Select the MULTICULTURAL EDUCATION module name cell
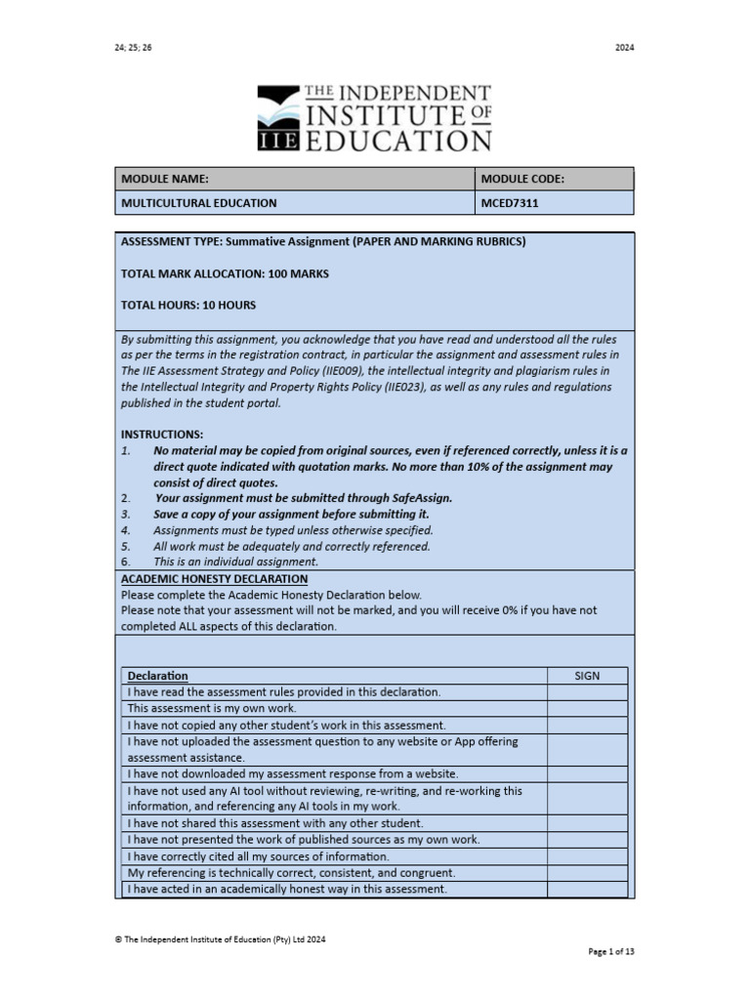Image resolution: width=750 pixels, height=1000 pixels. (x=199, y=203)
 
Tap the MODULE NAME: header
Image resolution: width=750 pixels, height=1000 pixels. (x=164, y=179)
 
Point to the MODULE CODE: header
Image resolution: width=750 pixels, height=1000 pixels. (x=521, y=179)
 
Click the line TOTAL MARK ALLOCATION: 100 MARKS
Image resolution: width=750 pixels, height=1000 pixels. (x=225, y=273)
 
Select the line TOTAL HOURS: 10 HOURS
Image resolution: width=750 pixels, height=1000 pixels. (x=187, y=305)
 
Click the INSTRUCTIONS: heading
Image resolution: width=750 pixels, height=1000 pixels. (x=161, y=434)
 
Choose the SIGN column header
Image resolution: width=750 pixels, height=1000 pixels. (x=587, y=676)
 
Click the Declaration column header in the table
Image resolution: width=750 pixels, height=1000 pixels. (x=158, y=676)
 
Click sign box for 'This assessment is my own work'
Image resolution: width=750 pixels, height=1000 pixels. (x=587, y=708)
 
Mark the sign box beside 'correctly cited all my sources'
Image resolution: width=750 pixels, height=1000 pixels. (x=587, y=856)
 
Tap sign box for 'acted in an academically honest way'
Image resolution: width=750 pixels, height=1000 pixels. (x=587, y=890)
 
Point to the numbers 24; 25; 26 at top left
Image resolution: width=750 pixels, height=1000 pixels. (x=134, y=47)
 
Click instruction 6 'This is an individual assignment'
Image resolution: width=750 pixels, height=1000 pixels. (x=235, y=562)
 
